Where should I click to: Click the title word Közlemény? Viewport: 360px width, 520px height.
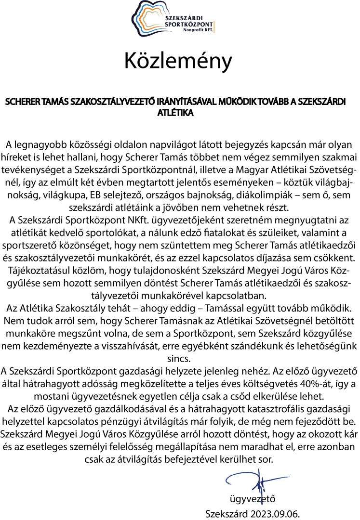179,61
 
